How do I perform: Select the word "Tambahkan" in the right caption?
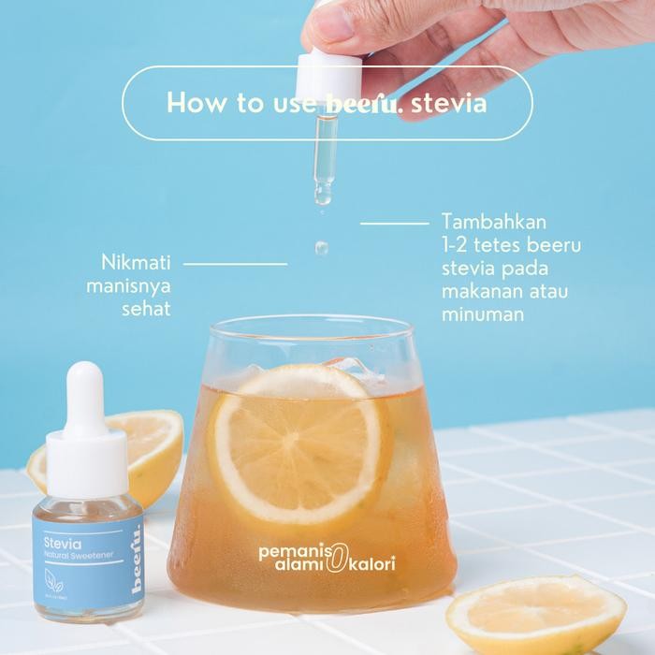tap(493, 225)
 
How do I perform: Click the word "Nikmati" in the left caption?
tap(136, 262)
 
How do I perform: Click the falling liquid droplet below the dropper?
tap(321, 248)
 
